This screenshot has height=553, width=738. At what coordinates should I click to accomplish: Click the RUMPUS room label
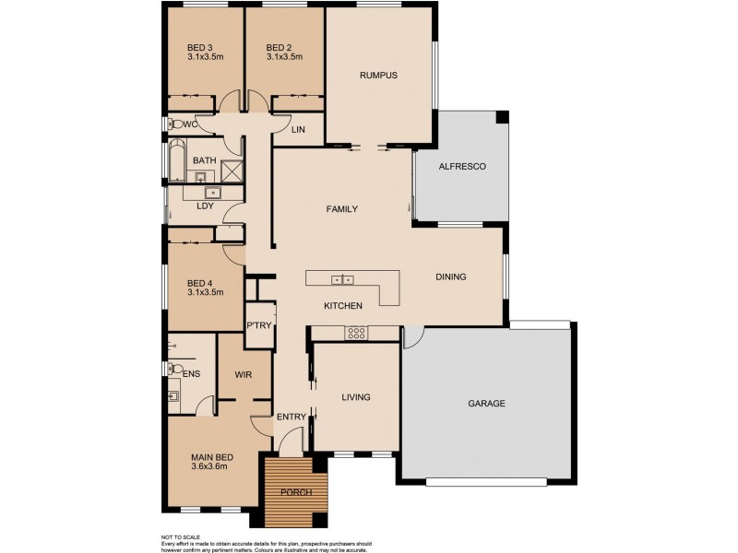378,76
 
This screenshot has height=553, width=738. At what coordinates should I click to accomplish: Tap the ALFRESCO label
461,166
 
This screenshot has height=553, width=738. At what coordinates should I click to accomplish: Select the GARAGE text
486,403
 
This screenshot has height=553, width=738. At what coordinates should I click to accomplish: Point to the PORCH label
296,492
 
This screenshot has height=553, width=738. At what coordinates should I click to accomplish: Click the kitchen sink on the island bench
342,279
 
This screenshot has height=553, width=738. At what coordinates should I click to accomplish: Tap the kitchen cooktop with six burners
357,334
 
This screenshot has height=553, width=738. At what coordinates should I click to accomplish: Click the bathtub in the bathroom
175,162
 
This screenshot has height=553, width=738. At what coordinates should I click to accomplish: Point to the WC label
189,124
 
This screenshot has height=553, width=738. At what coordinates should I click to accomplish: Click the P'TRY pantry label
257,325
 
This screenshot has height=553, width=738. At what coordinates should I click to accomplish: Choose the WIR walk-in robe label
244,375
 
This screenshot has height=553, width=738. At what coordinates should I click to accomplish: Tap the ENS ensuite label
192,374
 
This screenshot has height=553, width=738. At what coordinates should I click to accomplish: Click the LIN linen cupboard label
298,130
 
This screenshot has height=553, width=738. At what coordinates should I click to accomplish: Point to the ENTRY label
292,418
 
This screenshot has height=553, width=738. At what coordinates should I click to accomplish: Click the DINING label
451,276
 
